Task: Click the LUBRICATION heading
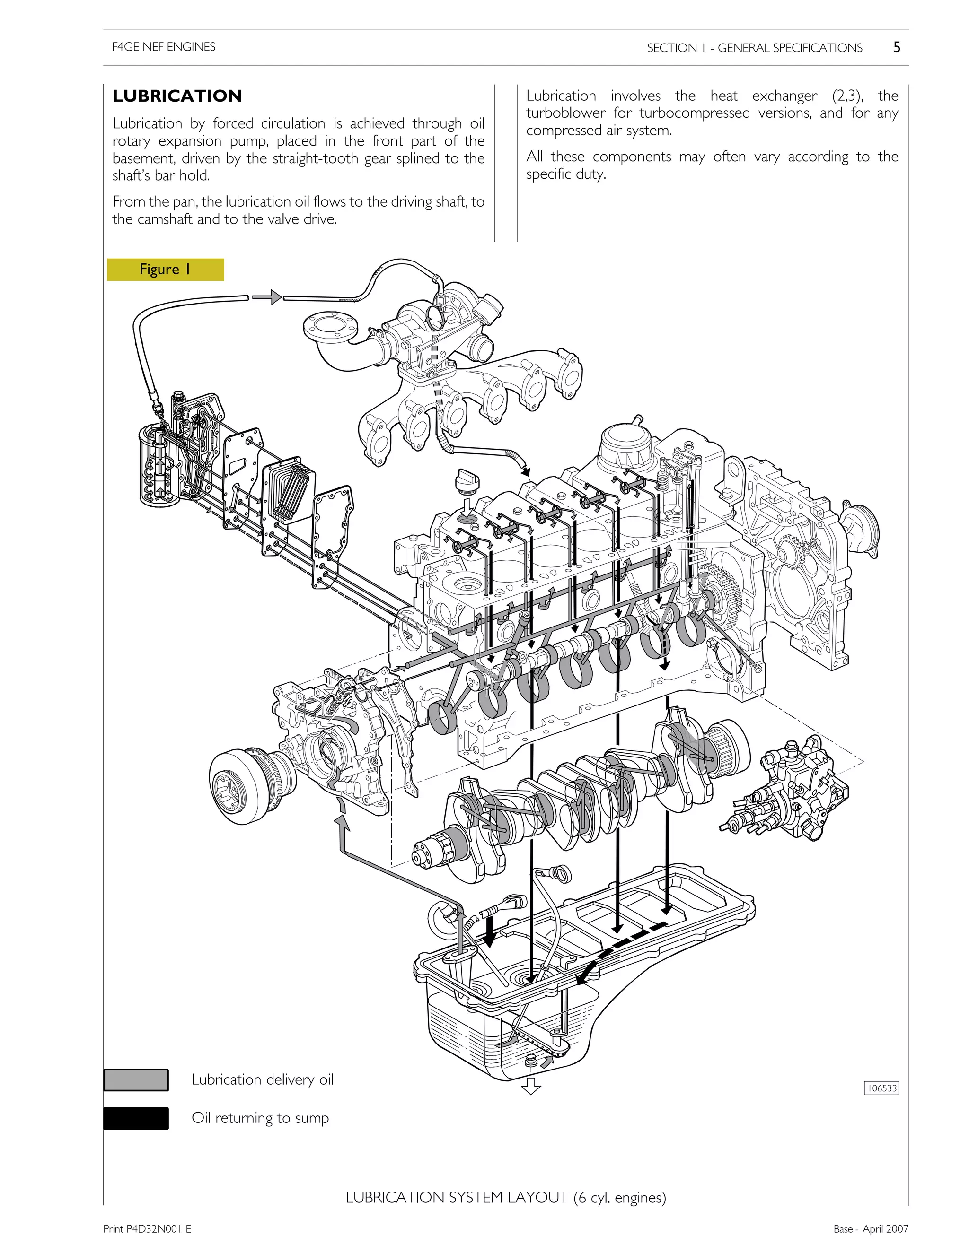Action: tap(177, 96)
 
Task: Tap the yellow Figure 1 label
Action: tap(165, 270)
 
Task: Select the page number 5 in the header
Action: tap(896, 48)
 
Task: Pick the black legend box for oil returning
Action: tap(136, 1118)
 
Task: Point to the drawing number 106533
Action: tap(881, 1088)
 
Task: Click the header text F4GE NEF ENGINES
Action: tap(164, 47)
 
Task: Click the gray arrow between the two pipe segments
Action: tap(267, 297)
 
